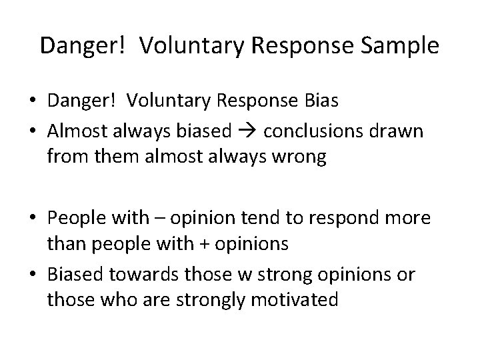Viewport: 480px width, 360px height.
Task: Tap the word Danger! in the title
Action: click(79, 46)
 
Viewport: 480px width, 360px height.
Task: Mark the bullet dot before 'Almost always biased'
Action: click(32, 132)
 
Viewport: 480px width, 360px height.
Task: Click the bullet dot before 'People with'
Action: click(32, 218)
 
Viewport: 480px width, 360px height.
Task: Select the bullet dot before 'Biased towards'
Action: click(32, 273)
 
